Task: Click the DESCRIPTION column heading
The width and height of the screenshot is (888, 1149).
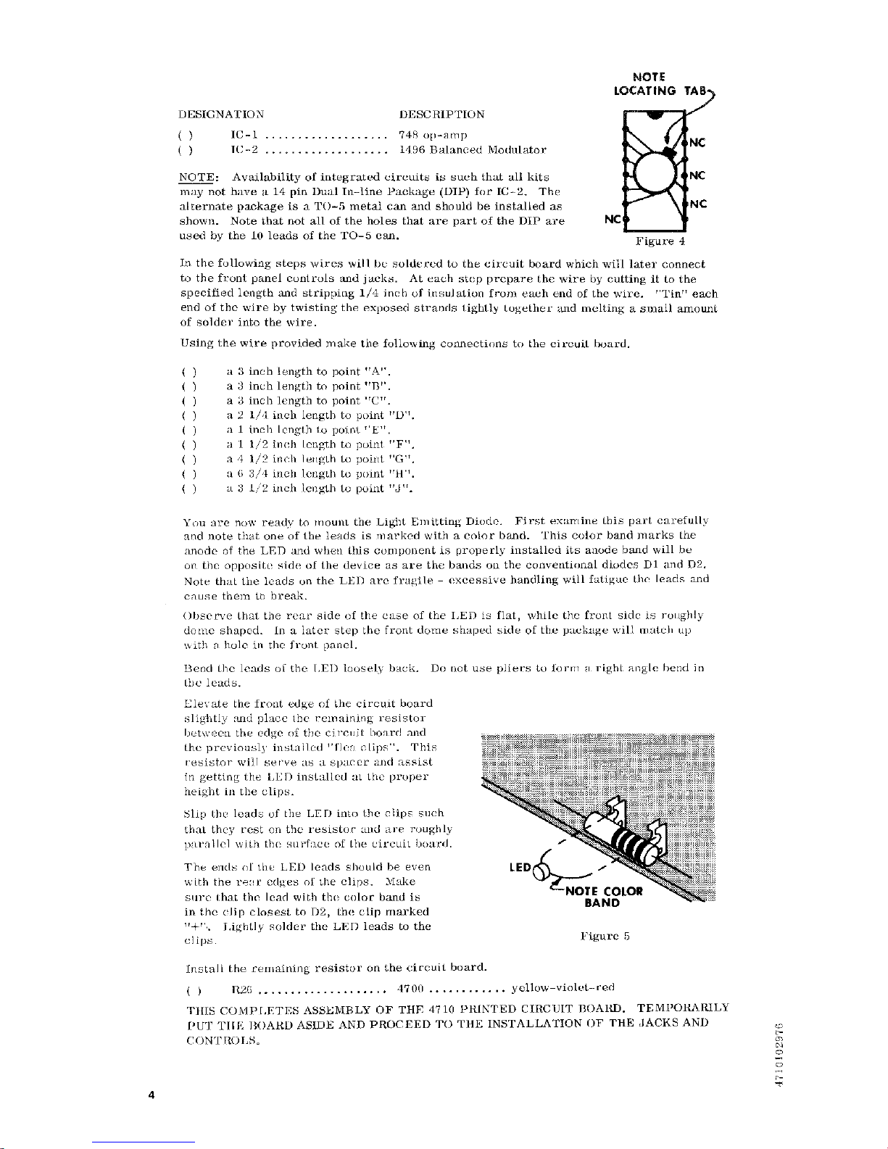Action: tap(442, 115)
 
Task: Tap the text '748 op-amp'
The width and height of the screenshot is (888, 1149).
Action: tap(433, 135)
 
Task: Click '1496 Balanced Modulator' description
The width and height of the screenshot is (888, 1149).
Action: tap(473, 150)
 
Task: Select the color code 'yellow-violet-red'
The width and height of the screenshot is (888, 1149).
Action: tap(563, 987)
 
